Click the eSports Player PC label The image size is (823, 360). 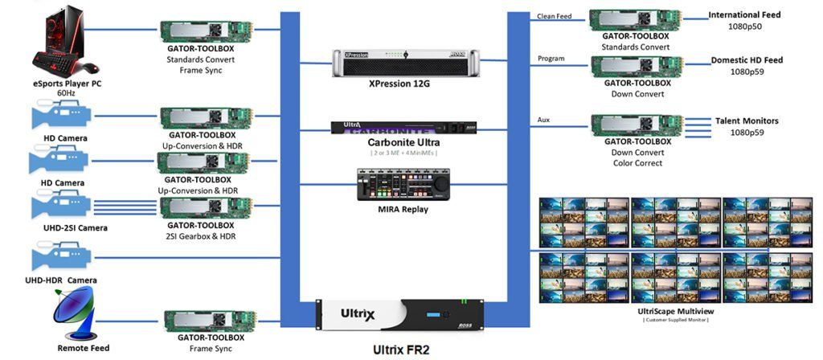(x=68, y=82)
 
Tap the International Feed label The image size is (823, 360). (x=744, y=14)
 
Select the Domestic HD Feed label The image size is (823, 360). (x=746, y=60)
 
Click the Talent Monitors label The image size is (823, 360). (x=747, y=121)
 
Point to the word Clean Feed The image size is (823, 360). (x=554, y=16)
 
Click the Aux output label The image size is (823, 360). (x=544, y=120)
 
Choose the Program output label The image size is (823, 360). (x=551, y=59)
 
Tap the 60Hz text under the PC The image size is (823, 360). (x=67, y=93)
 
